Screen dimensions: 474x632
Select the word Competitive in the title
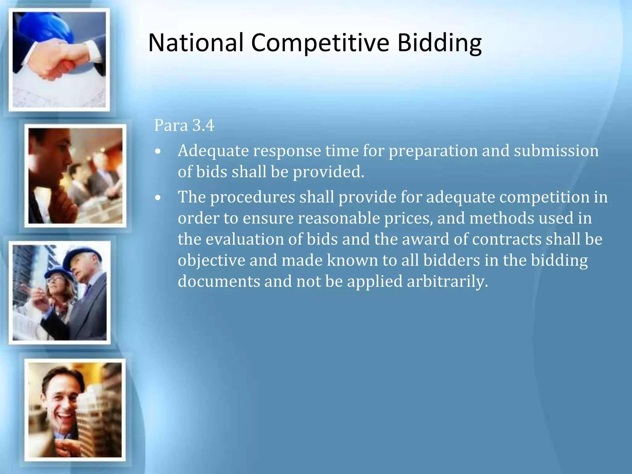[x=320, y=43]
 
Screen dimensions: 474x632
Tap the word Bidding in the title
[x=439, y=43]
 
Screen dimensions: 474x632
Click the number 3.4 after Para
[x=203, y=125]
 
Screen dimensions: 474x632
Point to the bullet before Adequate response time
[x=158, y=152]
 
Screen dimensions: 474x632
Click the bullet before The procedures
[x=158, y=198]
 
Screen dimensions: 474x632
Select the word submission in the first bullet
[x=556, y=151]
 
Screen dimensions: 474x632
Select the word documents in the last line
[x=219, y=281]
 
